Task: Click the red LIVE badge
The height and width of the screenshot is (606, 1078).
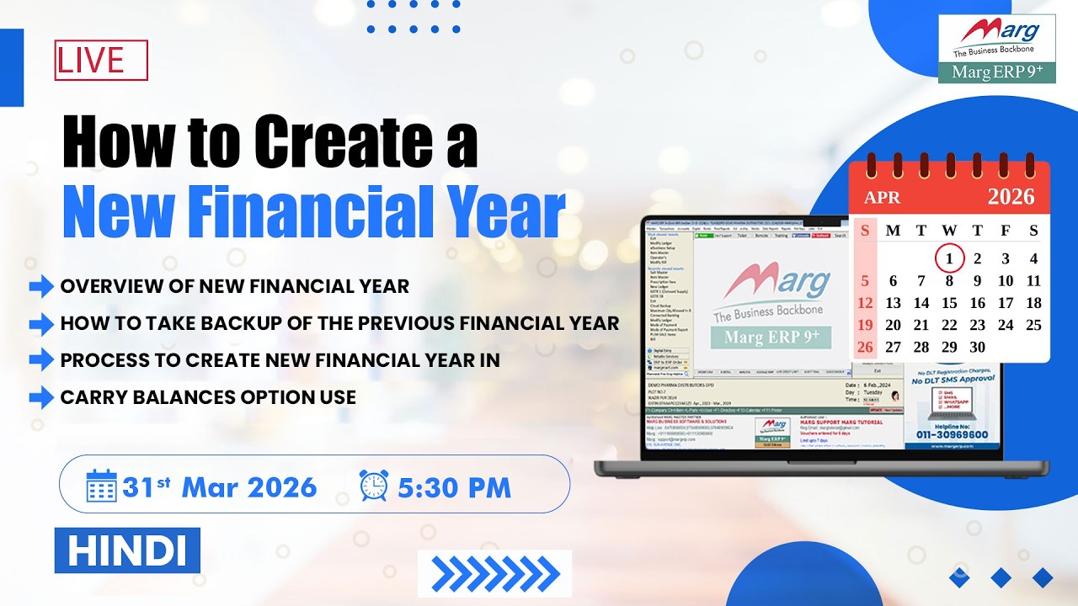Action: coord(101,61)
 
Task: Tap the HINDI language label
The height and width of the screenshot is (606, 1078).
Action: coord(127,550)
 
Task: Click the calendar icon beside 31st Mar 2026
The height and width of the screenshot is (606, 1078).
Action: coord(102,486)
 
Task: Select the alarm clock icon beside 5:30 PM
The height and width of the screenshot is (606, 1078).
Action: coord(374,486)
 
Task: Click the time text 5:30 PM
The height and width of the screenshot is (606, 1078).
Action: coord(455,487)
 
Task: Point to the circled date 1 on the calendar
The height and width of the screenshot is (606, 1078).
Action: coord(949,258)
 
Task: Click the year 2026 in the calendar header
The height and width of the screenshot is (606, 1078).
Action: coord(1011,197)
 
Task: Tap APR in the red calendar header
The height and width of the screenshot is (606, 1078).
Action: coord(882,198)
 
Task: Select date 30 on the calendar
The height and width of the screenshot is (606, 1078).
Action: coord(977,347)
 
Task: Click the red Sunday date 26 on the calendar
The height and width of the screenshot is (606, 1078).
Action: coord(865,347)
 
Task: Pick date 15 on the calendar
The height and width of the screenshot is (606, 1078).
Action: coord(949,303)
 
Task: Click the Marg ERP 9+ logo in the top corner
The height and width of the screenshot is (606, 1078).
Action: coord(996,48)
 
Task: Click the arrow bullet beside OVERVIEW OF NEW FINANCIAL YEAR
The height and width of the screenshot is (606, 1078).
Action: coord(41,286)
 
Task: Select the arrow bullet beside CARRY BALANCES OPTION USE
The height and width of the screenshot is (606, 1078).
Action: coord(41,397)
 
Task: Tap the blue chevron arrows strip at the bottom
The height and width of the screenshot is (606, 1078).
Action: coord(495,573)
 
